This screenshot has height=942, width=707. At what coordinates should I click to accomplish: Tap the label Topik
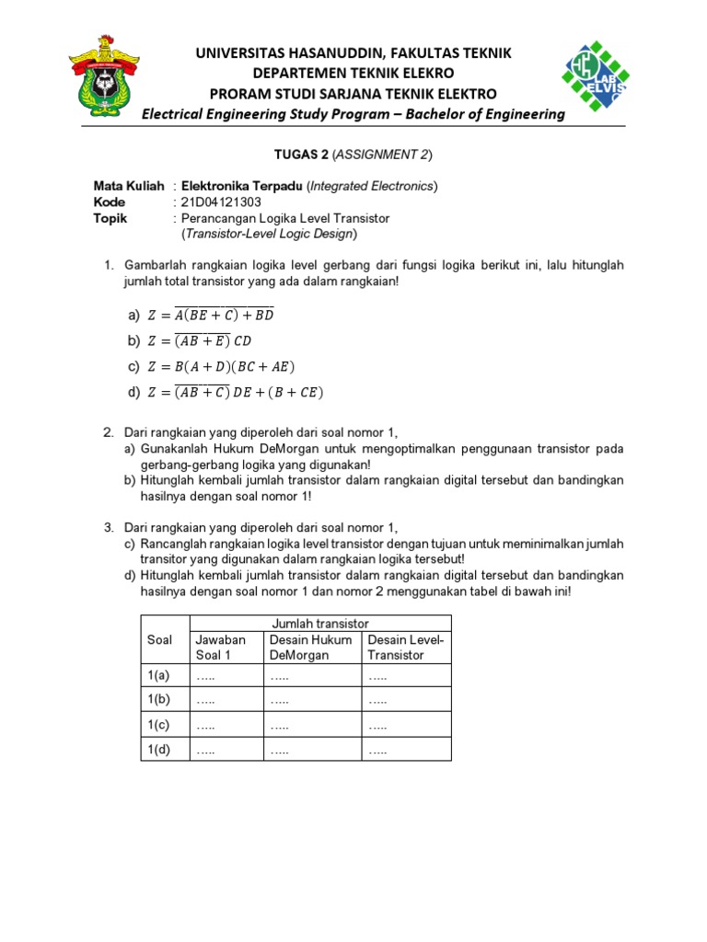[110, 219]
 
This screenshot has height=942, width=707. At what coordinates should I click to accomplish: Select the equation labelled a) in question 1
[210, 315]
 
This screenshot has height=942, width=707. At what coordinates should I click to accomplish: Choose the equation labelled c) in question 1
[220, 366]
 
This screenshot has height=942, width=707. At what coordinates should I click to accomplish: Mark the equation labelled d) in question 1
[235, 393]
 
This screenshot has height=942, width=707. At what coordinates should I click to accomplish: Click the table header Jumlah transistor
[320, 623]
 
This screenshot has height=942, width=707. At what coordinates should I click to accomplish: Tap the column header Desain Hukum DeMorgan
[313, 647]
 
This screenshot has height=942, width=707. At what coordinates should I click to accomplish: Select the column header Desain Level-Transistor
[405, 647]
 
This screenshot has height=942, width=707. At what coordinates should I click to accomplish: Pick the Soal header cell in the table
[160, 639]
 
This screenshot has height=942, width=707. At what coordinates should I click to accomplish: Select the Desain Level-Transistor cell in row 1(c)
[405, 725]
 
